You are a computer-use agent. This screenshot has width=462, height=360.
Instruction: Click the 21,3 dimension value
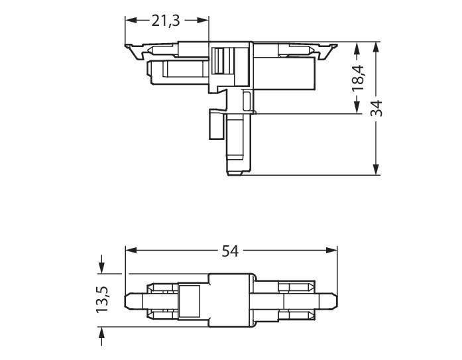166,21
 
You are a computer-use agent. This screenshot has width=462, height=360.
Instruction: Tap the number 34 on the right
376,109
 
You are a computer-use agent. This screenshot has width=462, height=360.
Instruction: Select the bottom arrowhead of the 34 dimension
376,170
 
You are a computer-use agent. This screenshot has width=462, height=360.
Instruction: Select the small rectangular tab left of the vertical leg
215,124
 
